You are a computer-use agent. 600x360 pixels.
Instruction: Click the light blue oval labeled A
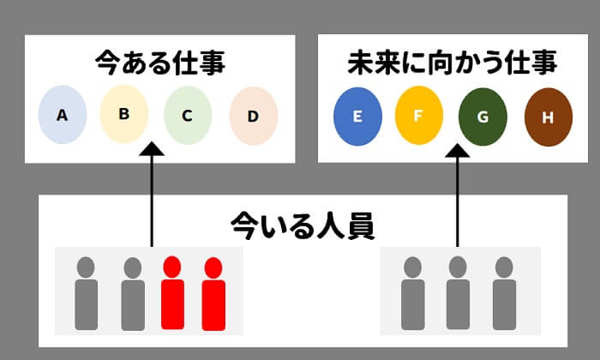click(62, 114)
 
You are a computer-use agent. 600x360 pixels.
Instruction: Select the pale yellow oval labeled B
click(124, 111)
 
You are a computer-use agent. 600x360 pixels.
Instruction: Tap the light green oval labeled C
click(188, 114)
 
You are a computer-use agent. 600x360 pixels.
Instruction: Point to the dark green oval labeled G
click(483, 116)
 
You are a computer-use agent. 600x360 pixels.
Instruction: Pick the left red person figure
click(172, 293)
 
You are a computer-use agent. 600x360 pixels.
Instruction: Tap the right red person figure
click(213, 293)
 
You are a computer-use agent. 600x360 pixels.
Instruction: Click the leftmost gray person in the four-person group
click(86, 293)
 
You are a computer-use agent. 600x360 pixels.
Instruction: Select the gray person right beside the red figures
click(132, 293)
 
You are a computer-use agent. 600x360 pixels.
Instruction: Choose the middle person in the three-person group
click(458, 293)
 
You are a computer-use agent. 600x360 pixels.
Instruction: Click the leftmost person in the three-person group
click(413, 293)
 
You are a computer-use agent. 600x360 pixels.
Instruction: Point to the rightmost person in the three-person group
click(503, 293)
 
